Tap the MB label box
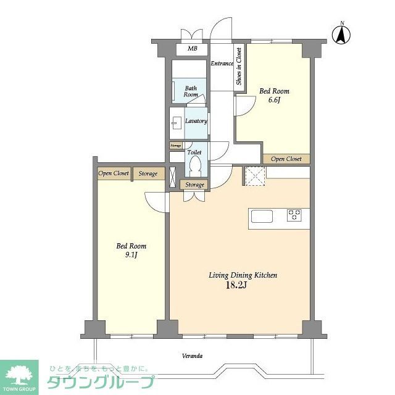tap(192, 50)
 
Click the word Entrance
tap(222, 64)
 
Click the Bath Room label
tap(191, 91)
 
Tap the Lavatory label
tap(196, 121)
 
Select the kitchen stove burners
tap(294, 215)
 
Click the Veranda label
tap(193, 356)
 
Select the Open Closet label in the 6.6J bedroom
tap(286, 159)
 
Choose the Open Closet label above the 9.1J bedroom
tap(114, 173)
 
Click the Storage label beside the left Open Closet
tap(148, 173)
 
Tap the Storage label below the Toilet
tap(194, 185)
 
